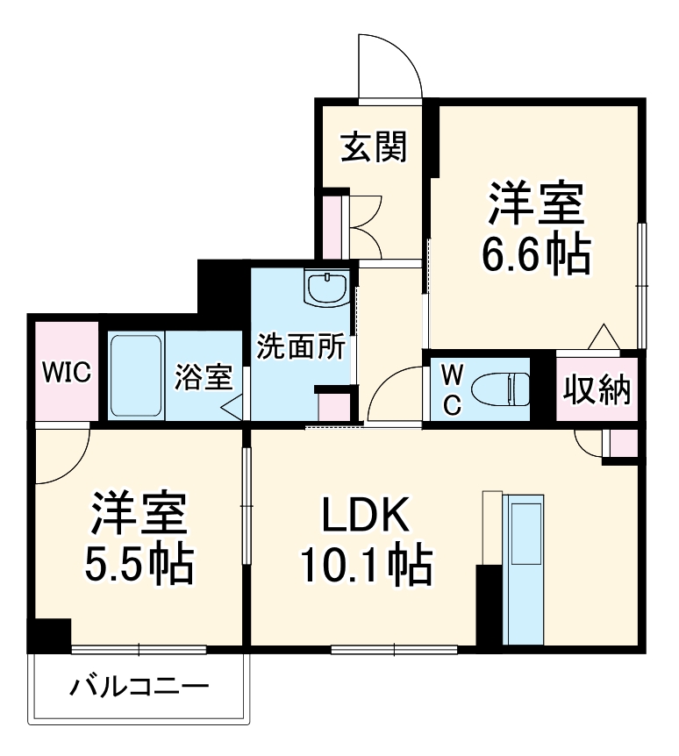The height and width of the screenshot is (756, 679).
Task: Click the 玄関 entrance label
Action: coord(374,147)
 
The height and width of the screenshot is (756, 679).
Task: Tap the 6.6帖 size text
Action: coord(533,254)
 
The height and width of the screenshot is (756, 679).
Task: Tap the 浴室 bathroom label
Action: coord(204,378)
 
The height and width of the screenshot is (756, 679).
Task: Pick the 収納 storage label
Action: coord(597,389)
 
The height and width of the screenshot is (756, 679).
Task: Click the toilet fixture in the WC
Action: coord(500,387)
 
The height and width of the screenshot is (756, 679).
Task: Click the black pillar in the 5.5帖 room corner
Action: coord(50,634)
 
